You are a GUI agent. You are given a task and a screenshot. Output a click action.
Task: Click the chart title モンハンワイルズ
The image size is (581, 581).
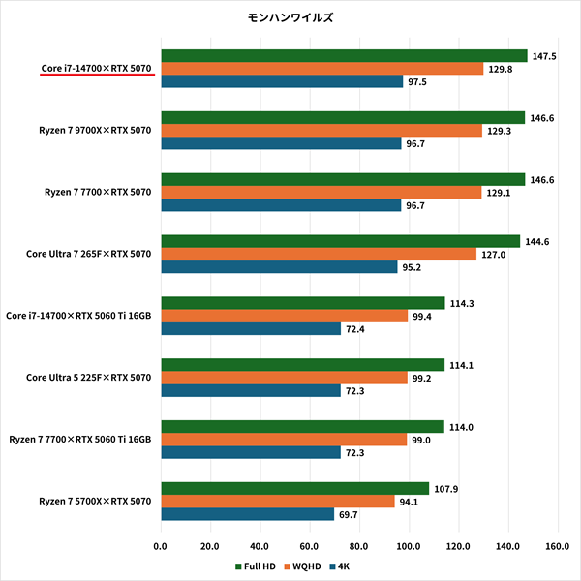[291, 17]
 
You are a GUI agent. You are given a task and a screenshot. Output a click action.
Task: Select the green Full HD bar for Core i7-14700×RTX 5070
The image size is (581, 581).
[344, 56]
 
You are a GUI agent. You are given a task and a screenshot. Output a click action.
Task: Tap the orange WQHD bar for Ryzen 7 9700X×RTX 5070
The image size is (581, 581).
[321, 131]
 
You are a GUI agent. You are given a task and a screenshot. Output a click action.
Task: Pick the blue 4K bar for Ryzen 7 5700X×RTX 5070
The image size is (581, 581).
[247, 513]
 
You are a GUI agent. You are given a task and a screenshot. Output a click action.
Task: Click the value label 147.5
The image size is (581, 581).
[546, 56]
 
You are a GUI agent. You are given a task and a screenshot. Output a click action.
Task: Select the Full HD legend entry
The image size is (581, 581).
[258, 565]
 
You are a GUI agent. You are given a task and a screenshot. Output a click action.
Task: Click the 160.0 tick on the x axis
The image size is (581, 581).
[556, 545]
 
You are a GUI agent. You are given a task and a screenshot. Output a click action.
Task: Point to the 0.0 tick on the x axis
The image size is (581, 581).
[161, 545]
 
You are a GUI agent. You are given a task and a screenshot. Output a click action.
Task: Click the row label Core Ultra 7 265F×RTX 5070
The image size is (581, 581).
[90, 255]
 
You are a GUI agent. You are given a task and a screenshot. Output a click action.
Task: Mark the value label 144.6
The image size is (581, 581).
[538, 241]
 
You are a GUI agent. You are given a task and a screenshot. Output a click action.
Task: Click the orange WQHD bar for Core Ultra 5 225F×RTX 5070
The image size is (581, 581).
[284, 378]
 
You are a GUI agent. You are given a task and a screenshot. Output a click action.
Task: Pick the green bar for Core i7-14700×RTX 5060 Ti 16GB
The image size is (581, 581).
[302, 303]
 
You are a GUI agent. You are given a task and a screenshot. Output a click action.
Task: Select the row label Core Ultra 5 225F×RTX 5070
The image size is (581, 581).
[90, 378]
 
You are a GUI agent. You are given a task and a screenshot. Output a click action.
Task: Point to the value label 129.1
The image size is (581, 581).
[500, 192]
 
